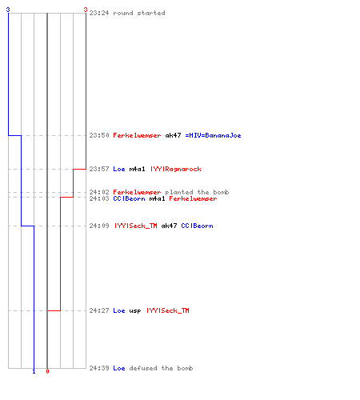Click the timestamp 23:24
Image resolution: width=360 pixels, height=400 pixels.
click(99, 13)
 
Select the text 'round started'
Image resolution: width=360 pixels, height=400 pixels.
click(139, 13)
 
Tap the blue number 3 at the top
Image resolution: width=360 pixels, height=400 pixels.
click(8, 10)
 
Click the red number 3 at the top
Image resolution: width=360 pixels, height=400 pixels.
click(86, 10)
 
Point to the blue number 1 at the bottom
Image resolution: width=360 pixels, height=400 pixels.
click(34, 371)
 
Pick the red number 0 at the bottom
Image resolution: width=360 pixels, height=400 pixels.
click(47, 371)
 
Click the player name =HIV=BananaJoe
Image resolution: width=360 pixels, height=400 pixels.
click(213, 135)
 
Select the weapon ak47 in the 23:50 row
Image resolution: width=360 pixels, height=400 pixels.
click(173, 135)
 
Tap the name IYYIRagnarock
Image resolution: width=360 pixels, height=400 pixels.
click(176, 169)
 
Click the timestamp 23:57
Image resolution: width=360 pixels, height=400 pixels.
click(99, 169)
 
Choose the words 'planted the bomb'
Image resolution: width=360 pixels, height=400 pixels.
click(197, 192)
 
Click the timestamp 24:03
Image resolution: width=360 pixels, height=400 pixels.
click(99, 198)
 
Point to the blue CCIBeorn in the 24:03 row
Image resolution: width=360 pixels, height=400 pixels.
click(129, 198)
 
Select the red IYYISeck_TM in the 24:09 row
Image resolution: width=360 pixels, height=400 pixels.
click(136, 226)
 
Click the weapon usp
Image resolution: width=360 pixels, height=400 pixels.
click(135, 310)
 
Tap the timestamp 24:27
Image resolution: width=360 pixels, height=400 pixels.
click(99, 310)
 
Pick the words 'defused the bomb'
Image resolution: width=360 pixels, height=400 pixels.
click(161, 368)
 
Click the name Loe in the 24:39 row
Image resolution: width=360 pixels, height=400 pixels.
click(119, 368)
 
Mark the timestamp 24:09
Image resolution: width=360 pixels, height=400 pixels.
click(99, 226)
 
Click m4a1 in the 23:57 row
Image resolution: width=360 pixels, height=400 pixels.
click(137, 169)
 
